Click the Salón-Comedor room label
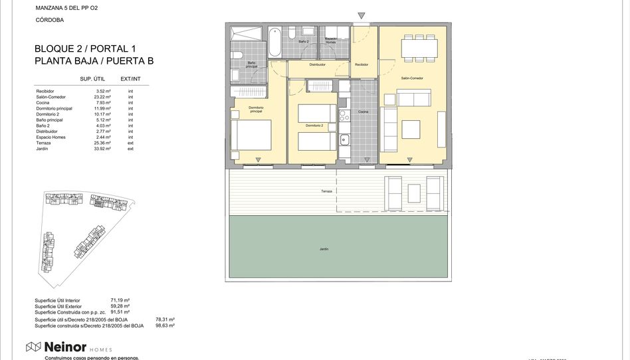412,78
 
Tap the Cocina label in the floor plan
363,112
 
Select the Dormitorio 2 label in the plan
314,126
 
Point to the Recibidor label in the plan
362,64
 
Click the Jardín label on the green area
324,249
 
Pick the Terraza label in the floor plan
326,191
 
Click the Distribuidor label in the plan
318,64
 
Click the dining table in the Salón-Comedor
419,47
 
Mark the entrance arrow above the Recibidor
361,15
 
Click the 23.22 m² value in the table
102,97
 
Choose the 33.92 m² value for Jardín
102,149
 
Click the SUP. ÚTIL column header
94,79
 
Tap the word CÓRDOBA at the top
51,20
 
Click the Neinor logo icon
34,346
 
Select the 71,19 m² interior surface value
120,300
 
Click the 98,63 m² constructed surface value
164,325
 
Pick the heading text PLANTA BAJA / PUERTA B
94,61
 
